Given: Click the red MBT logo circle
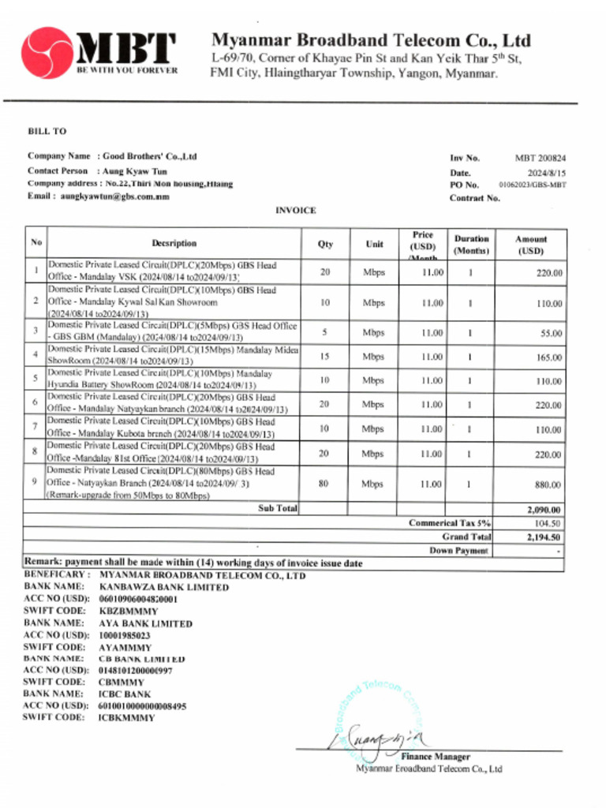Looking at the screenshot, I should [x=47, y=53].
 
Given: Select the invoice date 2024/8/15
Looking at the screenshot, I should [x=547, y=172].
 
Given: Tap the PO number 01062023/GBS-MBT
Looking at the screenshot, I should [x=532, y=185].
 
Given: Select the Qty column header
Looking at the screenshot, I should [x=324, y=244].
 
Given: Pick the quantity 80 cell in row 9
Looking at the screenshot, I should [x=324, y=484].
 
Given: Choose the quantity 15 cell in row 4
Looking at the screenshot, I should [x=324, y=356].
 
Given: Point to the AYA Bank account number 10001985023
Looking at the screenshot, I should [x=125, y=634].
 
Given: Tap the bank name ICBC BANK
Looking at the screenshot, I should [x=125, y=694].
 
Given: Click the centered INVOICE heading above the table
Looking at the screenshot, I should [x=295, y=211].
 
